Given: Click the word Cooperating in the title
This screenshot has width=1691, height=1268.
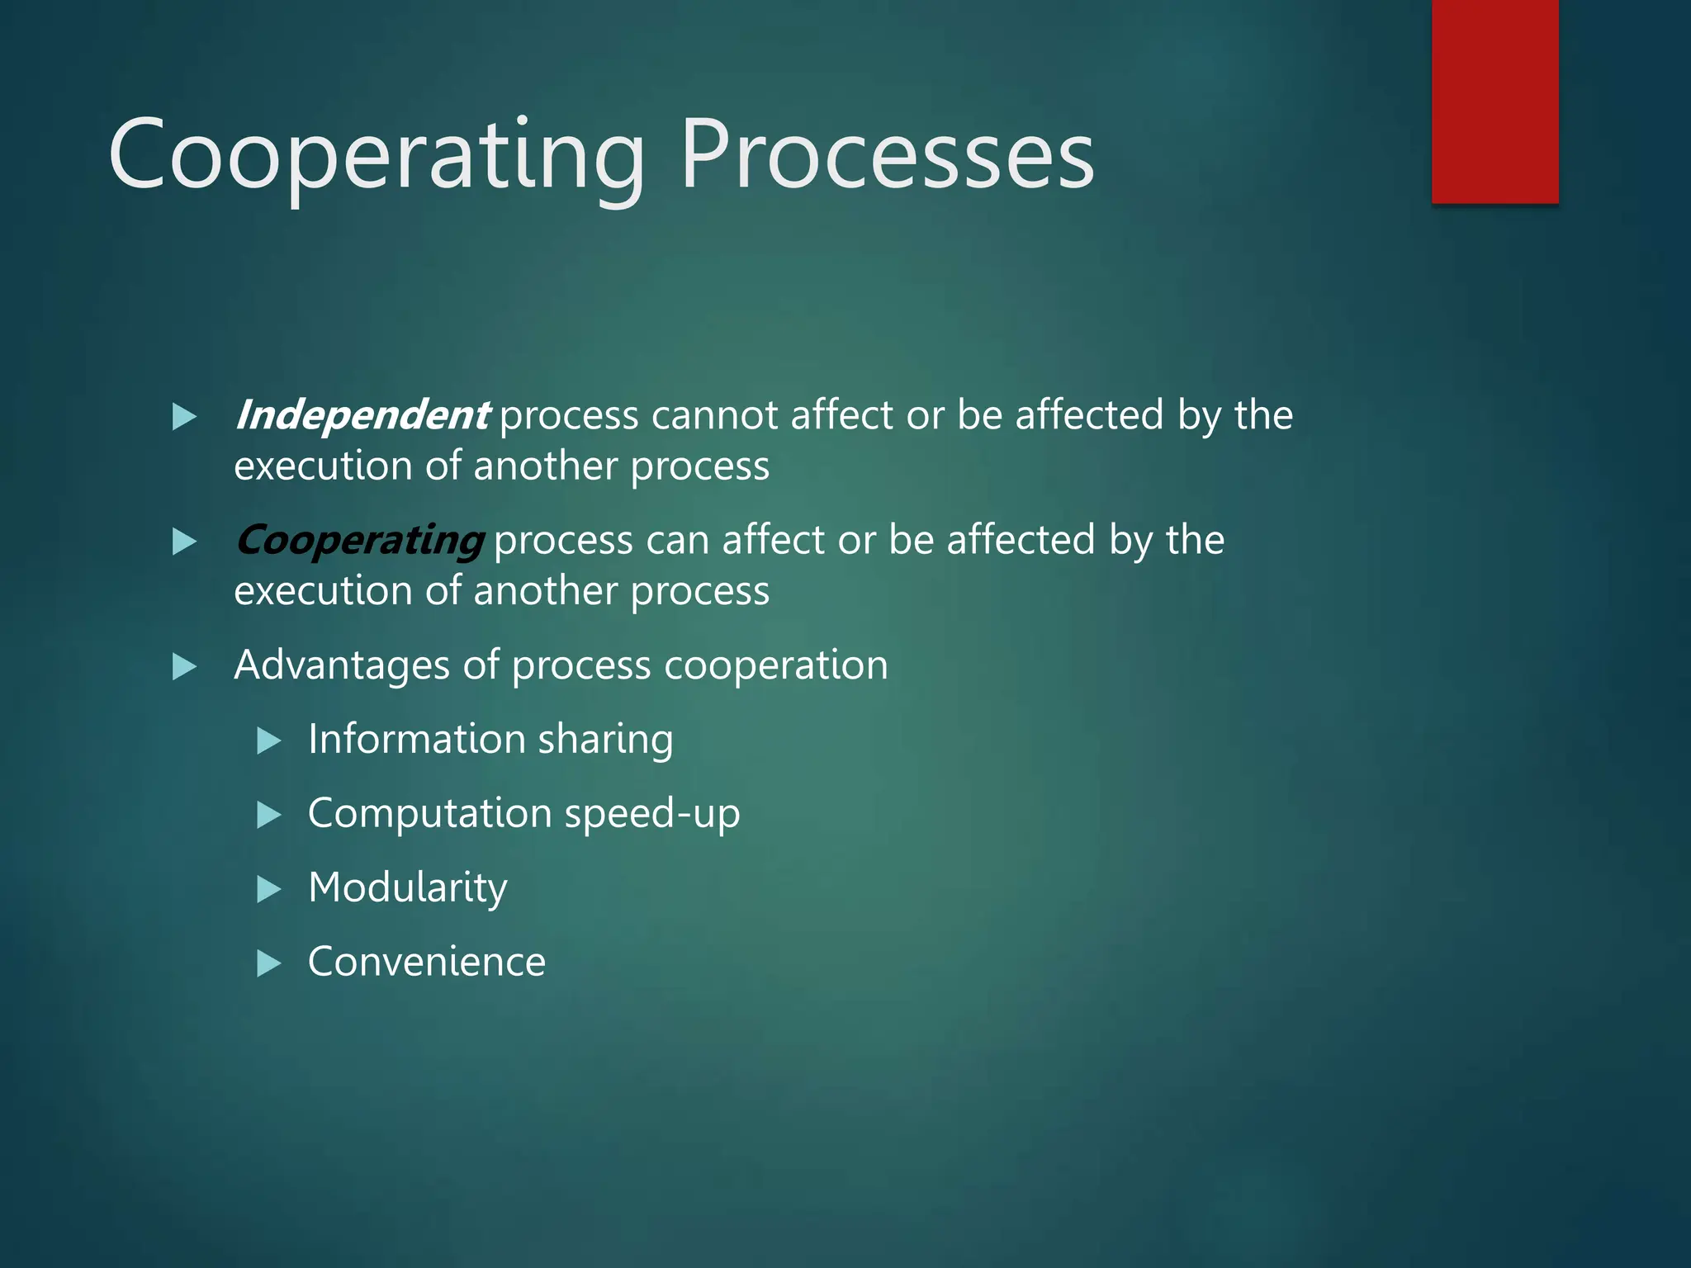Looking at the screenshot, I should coord(376,157).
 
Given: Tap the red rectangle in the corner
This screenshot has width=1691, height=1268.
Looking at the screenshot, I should coord(1494,101).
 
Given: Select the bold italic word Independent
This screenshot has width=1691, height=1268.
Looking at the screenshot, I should coord(362,415).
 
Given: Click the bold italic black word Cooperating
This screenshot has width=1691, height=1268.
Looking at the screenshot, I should coord(359,541).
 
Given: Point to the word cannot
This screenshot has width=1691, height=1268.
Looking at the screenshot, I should coord(715,415).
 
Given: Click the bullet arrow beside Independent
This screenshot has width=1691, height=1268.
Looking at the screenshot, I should coord(184,417).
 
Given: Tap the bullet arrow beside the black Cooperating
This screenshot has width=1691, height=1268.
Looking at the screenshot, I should coord(184,542).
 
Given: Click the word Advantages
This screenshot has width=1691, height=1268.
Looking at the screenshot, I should coord(342,665).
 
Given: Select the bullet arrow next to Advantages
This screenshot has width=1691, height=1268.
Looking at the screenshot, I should coord(184,666).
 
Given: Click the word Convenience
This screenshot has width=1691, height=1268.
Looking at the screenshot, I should coord(426,963).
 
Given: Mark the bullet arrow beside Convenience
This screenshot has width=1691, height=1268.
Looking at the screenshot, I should coord(269,963).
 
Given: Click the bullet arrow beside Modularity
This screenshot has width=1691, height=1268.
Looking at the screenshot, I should coord(269,889).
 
